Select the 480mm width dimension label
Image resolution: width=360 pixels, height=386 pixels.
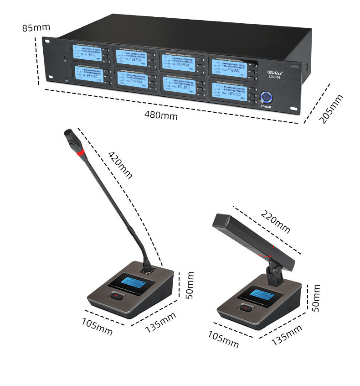[161, 115]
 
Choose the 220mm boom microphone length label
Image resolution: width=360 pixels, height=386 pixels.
[275, 219]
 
